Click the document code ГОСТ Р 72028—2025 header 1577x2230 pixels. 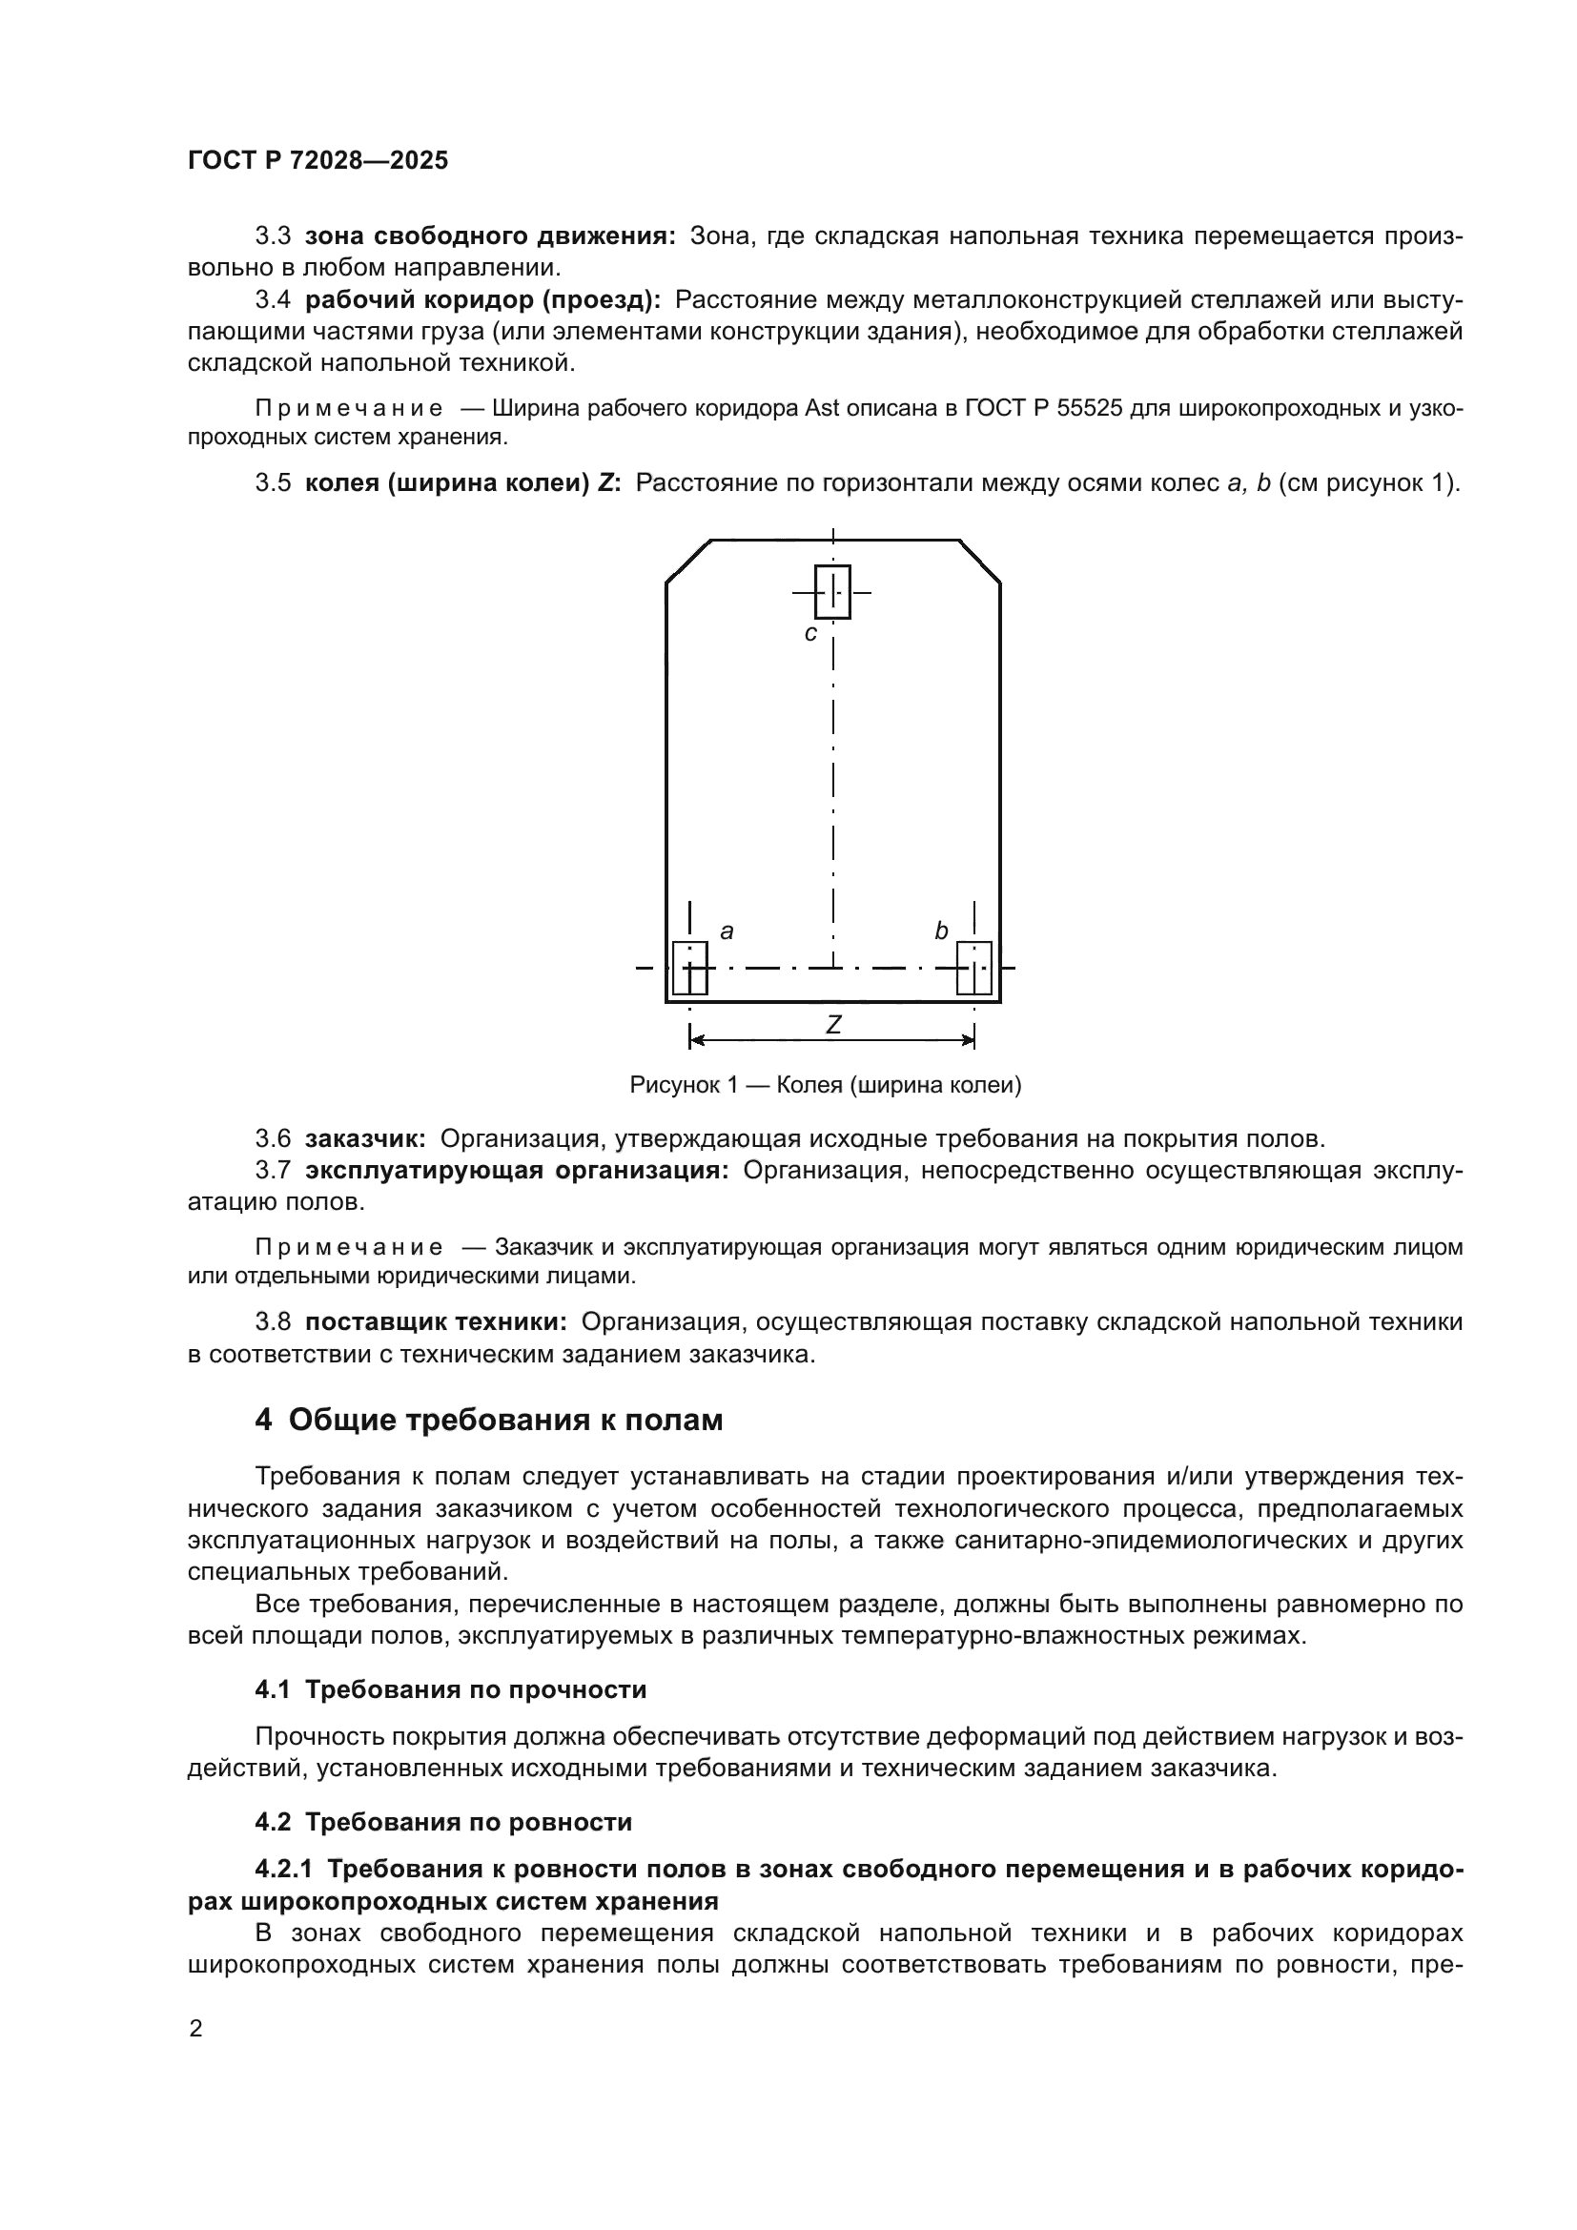317,160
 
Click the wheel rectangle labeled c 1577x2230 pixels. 832,591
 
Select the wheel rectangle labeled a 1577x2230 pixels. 689,969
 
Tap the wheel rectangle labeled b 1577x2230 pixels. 974,969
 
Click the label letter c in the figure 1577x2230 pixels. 810,634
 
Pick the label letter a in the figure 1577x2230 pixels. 727,931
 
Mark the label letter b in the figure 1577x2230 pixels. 941,931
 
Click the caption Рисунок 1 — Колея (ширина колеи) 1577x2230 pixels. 826,1085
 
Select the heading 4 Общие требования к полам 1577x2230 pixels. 488,1420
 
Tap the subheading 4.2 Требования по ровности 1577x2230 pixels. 443,1821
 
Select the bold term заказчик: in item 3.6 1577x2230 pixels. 365,1138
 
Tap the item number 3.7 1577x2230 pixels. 273,1171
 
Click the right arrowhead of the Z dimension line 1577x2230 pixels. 968,1040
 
